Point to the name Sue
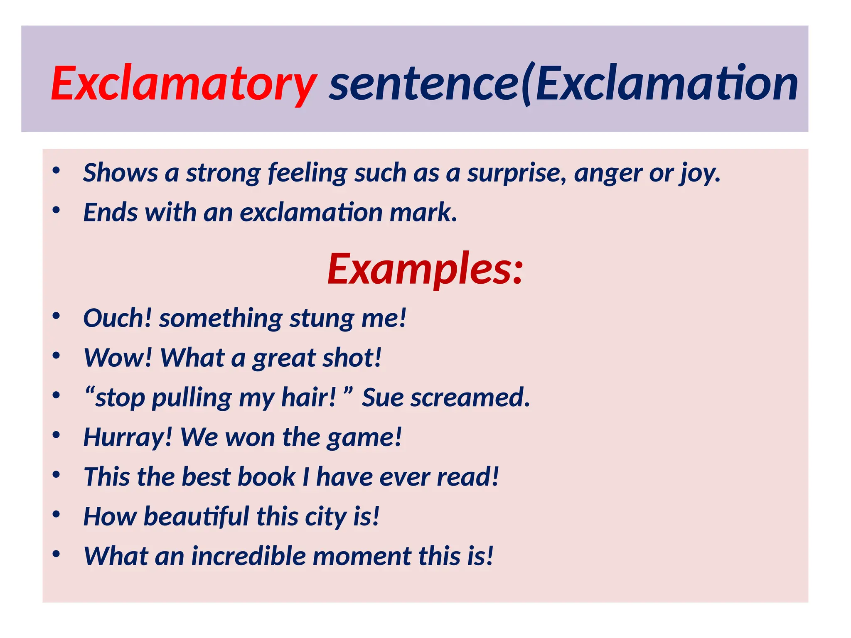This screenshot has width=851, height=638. [382, 398]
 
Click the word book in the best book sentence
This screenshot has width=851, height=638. [266, 476]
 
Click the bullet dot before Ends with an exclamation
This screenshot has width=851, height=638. [57, 210]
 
